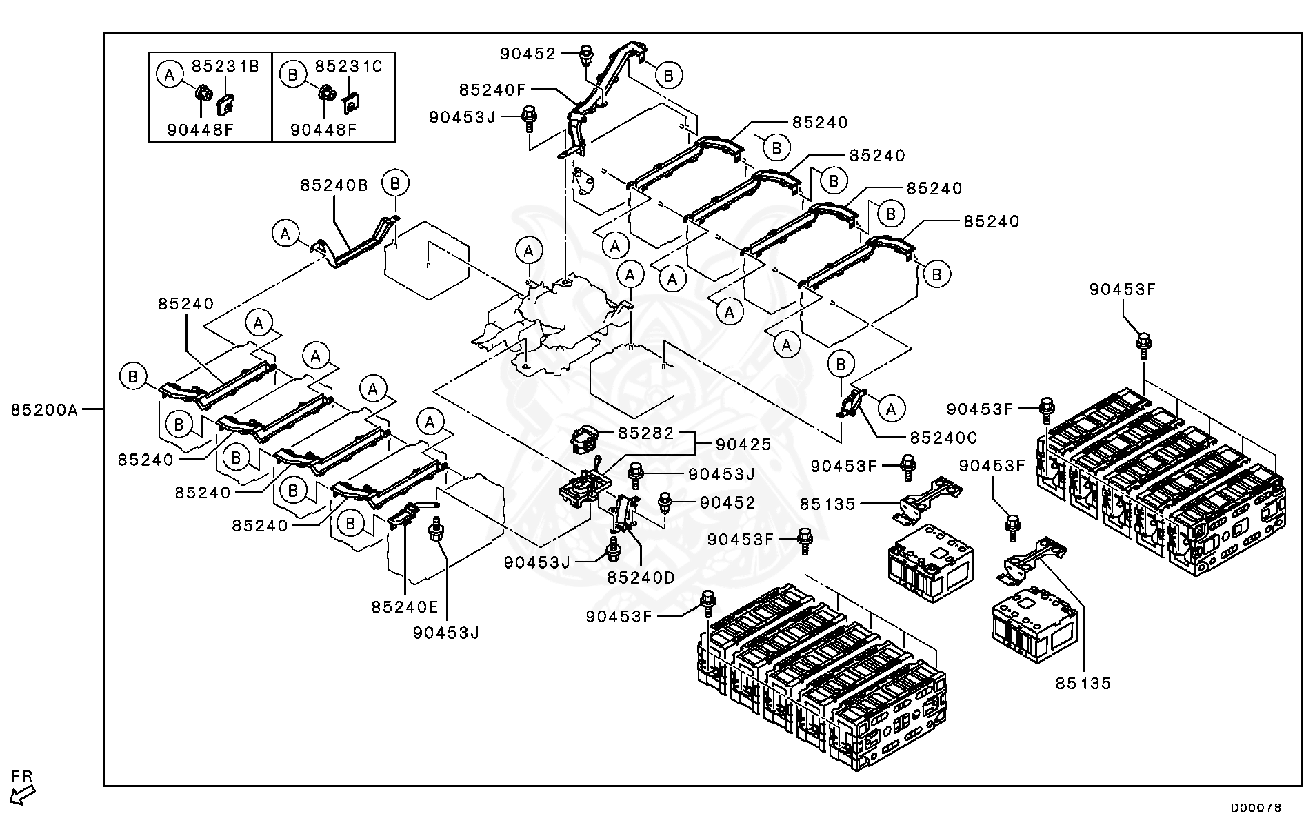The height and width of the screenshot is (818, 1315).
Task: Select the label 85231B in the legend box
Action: coord(225,66)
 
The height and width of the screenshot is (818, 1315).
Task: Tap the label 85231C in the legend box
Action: coord(348,66)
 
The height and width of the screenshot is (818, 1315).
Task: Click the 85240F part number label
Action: coord(493,90)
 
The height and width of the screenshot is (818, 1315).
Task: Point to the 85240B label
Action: coord(334,185)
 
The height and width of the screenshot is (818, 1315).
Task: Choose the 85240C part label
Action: coord(943,438)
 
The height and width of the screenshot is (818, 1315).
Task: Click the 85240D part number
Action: coord(641,577)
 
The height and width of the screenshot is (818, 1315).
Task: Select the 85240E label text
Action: coord(405,606)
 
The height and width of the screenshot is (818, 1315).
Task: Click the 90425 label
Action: coord(743,445)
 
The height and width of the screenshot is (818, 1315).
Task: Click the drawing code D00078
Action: coord(1256,807)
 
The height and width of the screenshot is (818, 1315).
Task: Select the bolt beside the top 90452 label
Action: coord(586,54)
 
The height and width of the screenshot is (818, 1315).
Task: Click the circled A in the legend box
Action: coord(170,73)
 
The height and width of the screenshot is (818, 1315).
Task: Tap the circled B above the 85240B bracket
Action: coord(395,183)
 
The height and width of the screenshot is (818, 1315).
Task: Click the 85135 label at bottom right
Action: coord(1083,684)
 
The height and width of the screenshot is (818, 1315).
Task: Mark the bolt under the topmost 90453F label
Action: coord(1143,345)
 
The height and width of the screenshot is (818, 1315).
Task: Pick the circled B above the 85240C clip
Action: coord(841,364)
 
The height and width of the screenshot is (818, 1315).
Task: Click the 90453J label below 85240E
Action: coord(446,633)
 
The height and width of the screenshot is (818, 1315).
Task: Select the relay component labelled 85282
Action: coord(585,439)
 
